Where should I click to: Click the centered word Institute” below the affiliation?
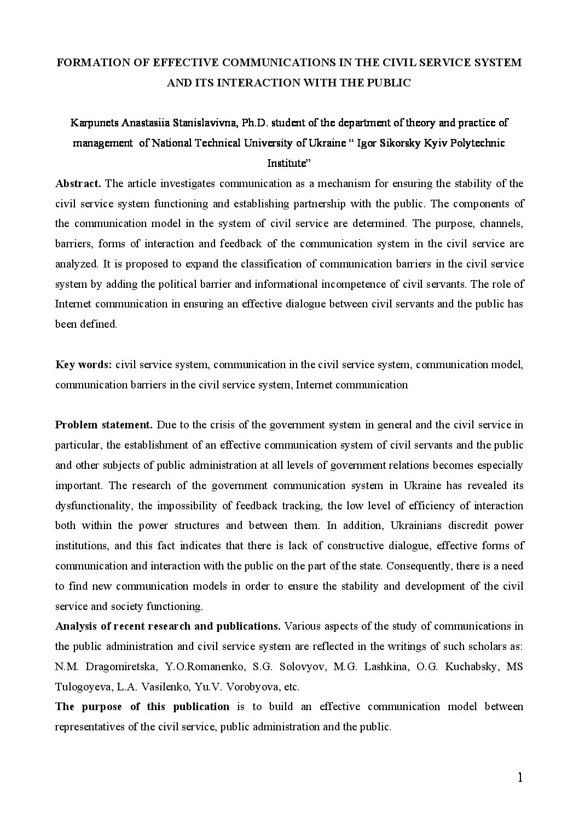(289, 163)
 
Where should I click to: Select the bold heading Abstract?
(78, 183)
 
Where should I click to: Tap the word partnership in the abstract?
(317, 204)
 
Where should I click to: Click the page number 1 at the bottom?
(519, 793)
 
